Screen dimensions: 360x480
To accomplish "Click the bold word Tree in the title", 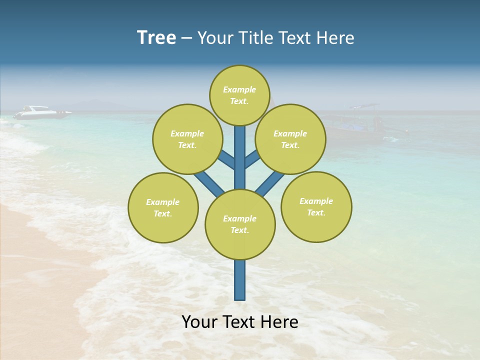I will coord(156,38).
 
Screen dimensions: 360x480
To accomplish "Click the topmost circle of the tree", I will coord(239,95).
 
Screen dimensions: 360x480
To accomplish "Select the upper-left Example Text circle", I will coord(187,139).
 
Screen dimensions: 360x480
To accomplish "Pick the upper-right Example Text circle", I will coord(290,139).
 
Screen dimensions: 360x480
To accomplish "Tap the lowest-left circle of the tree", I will coord(163,207).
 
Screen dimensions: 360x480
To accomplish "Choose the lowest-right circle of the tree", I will coord(316,206).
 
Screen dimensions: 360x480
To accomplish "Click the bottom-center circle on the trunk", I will coord(240,224).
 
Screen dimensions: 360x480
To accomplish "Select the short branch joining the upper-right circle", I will coord(251,160).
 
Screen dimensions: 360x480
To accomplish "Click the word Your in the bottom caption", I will coord(199,322).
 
